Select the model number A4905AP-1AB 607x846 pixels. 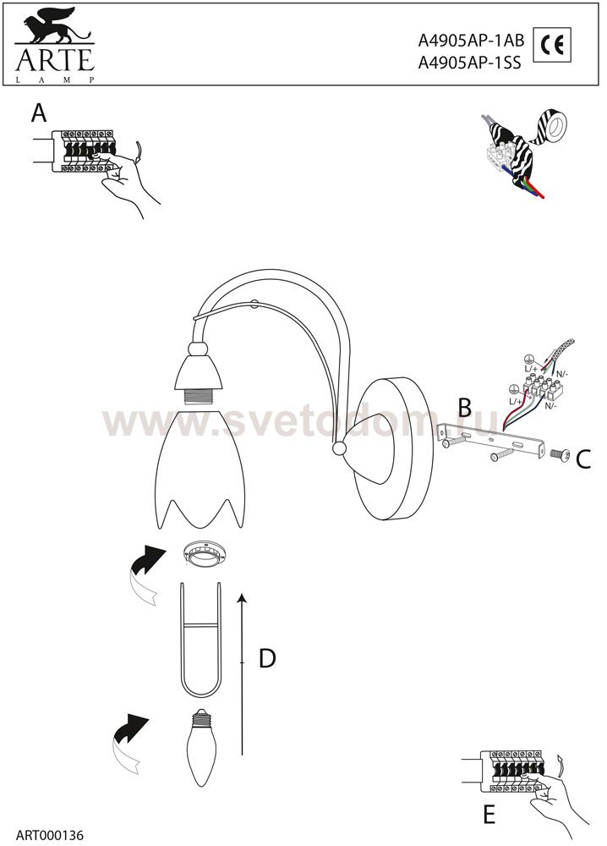point(471,41)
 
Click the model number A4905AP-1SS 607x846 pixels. point(469,63)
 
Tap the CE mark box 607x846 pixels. point(552,46)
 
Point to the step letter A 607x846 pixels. point(39,113)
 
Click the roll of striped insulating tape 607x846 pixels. point(551,124)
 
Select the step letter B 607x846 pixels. point(465,409)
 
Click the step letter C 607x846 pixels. point(583,459)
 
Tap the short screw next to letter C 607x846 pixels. point(559,455)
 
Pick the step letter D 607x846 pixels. point(267,658)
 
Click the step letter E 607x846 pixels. point(489,815)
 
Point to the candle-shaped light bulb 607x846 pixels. point(201,747)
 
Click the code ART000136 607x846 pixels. point(50,836)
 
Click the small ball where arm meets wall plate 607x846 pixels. point(340,449)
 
